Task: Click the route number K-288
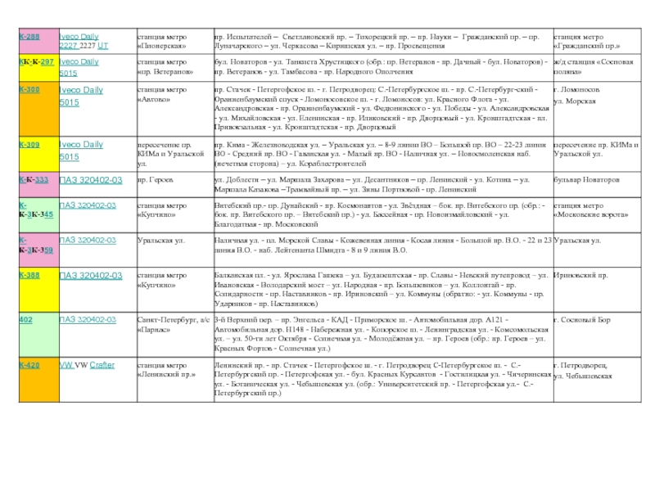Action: click(x=29, y=38)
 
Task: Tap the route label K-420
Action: click(x=29, y=365)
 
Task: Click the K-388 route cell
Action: click(x=29, y=276)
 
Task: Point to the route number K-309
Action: click(x=29, y=145)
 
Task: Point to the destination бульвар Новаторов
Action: click(x=589, y=178)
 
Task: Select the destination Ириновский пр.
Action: click(x=580, y=276)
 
